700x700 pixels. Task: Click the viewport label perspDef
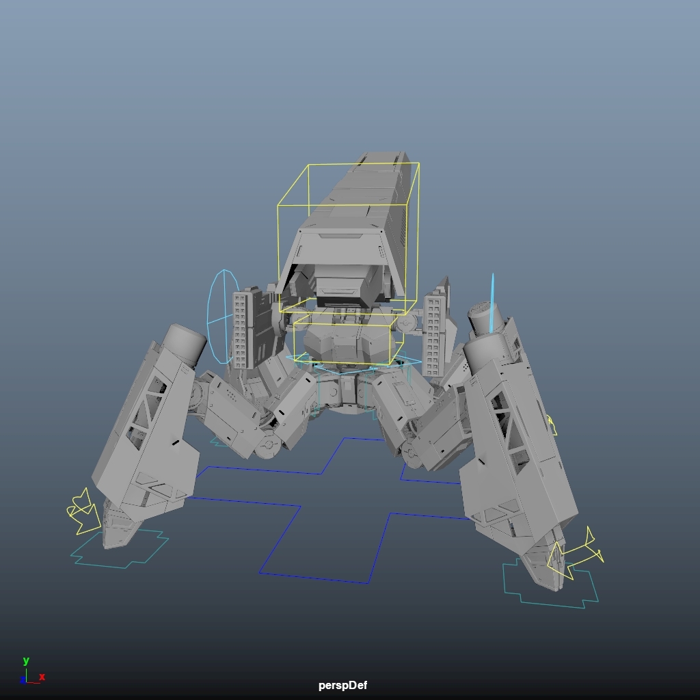tap(342, 685)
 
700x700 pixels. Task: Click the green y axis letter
tap(26, 661)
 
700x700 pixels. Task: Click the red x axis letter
tap(42, 677)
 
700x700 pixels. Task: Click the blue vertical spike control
tap(492, 304)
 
